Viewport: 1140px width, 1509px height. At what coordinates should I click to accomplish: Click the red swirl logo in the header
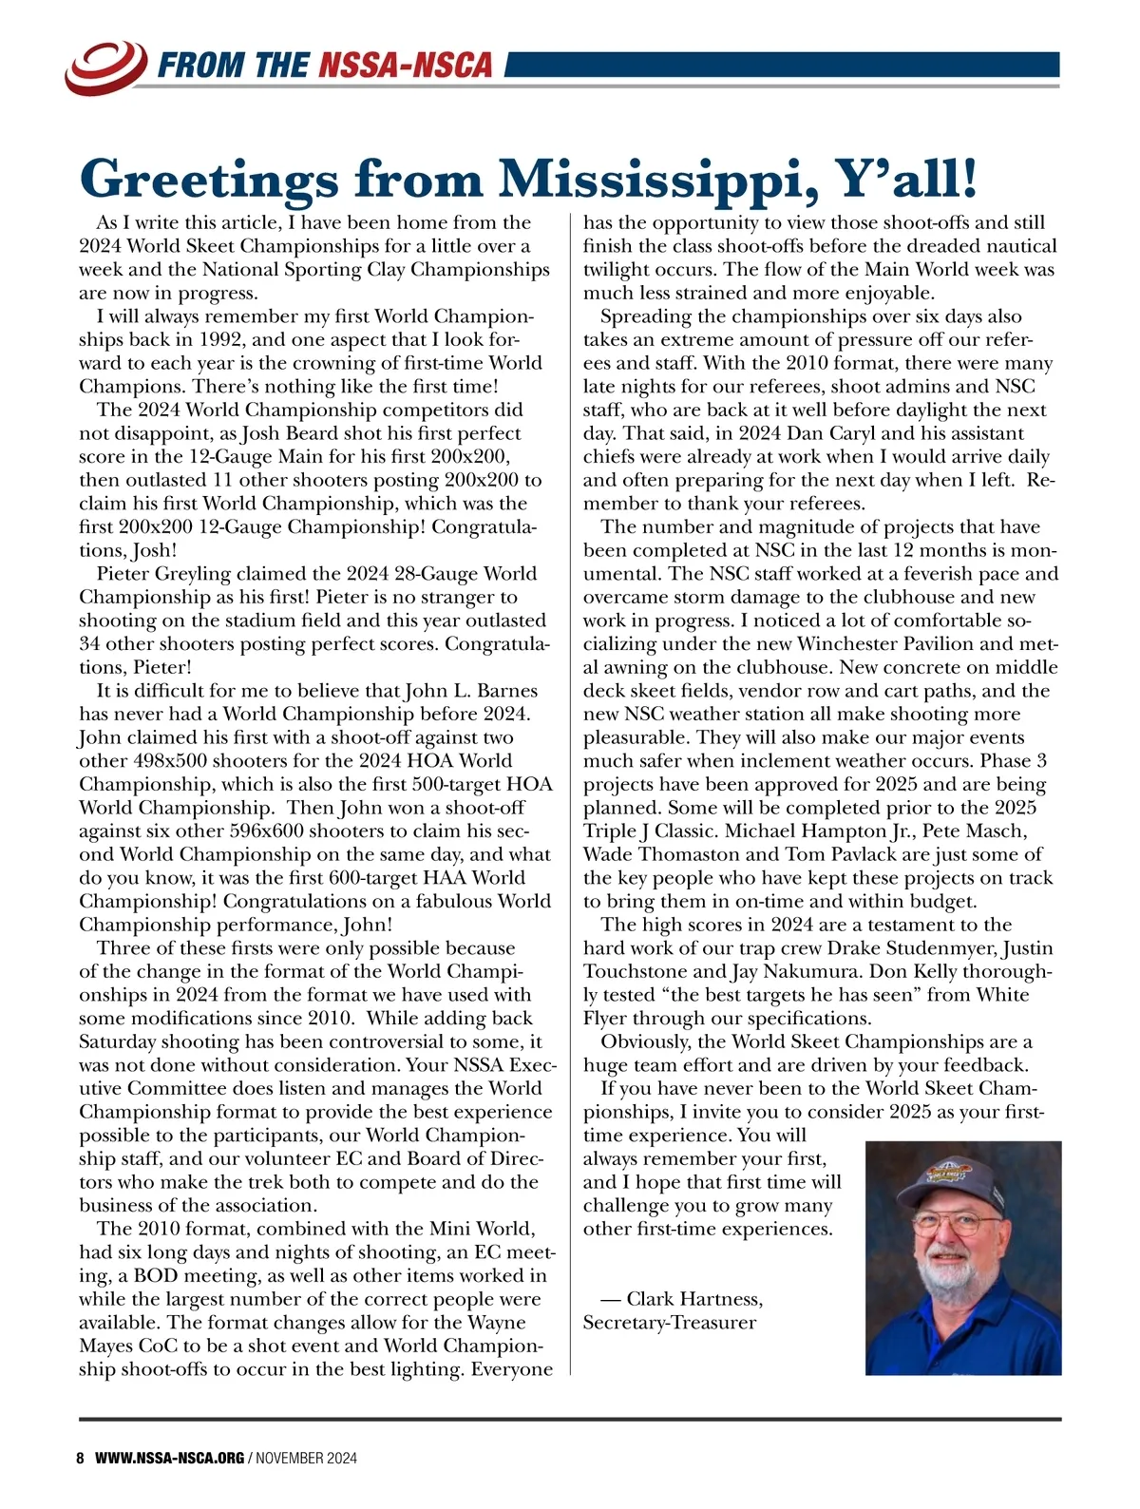click(x=105, y=64)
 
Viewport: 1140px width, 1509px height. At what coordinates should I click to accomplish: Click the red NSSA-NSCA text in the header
click(x=406, y=65)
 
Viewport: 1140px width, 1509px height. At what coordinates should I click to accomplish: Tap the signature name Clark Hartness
click(x=693, y=1298)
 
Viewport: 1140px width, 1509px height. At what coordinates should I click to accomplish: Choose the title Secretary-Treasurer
click(x=669, y=1322)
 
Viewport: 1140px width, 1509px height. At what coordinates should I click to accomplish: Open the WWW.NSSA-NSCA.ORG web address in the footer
click(x=169, y=1458)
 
